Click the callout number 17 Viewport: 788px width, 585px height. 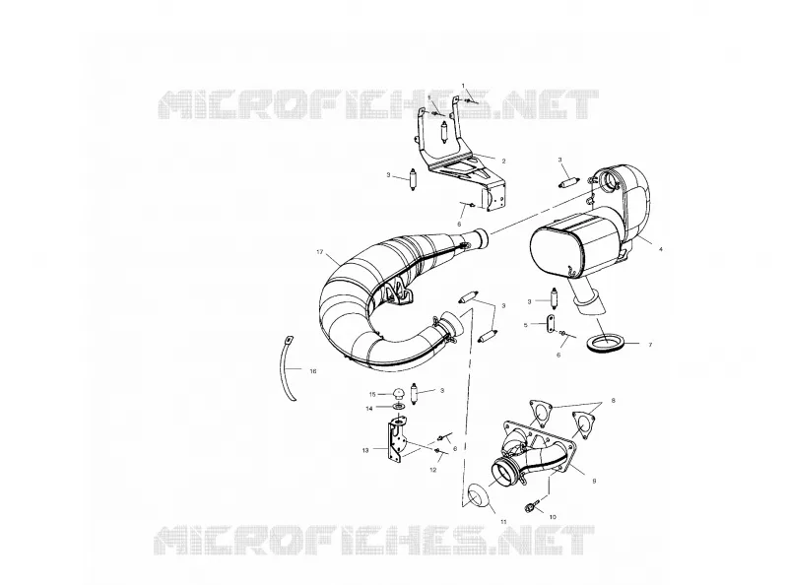319,252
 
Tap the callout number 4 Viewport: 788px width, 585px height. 660,249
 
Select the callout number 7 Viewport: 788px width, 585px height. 650,345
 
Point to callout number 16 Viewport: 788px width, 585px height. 313,371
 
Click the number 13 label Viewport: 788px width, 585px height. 365,450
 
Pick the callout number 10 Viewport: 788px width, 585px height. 553,517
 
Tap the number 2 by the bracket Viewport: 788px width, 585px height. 503,162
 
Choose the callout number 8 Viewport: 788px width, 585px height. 613,401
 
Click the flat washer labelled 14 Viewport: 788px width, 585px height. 399,406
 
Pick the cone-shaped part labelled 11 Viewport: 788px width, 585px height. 476,495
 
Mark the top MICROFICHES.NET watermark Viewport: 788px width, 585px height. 378,104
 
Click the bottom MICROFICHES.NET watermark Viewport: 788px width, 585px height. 374,541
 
